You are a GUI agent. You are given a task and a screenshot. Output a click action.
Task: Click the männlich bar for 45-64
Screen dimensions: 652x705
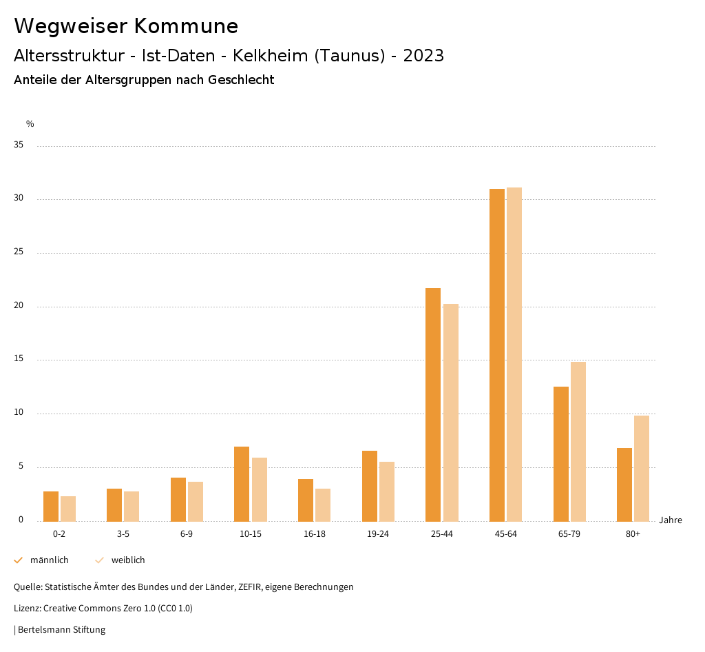coord(497,355)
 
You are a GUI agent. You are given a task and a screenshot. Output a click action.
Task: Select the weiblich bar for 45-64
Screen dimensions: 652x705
coord(514,354)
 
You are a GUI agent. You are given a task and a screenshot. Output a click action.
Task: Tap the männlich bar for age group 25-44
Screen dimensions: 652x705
coord(433,405)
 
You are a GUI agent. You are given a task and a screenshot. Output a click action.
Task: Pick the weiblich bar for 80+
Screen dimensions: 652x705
coord(642,469)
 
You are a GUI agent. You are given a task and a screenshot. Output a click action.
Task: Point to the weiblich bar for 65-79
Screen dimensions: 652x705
coord(578,442)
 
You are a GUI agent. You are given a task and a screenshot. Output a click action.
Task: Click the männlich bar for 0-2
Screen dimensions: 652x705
coord(51,507)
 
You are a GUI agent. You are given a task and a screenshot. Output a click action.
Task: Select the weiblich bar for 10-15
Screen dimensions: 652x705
coord(260,489)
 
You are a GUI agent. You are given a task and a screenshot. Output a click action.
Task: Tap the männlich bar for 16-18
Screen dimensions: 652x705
coord(306,500)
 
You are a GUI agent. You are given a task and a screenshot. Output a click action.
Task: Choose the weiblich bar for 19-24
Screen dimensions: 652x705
coord(387,491)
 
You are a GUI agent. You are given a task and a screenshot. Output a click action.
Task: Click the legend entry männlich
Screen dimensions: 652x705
coord(49,560)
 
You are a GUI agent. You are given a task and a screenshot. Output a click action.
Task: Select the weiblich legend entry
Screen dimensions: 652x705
coord(128,560)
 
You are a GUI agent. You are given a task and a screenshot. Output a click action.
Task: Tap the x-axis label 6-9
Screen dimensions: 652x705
coord(187,534)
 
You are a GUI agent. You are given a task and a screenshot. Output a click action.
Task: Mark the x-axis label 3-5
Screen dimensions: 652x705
coord(123,534)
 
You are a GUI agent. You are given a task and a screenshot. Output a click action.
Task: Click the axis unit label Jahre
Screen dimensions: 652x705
coord(671,520)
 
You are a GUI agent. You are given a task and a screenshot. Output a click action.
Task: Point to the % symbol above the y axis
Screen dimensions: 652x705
coord(30,124)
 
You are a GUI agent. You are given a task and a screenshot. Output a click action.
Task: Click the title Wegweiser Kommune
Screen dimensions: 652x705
coord(126,26)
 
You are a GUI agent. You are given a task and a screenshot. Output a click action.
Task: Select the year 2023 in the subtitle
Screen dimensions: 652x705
coord(423,56)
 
